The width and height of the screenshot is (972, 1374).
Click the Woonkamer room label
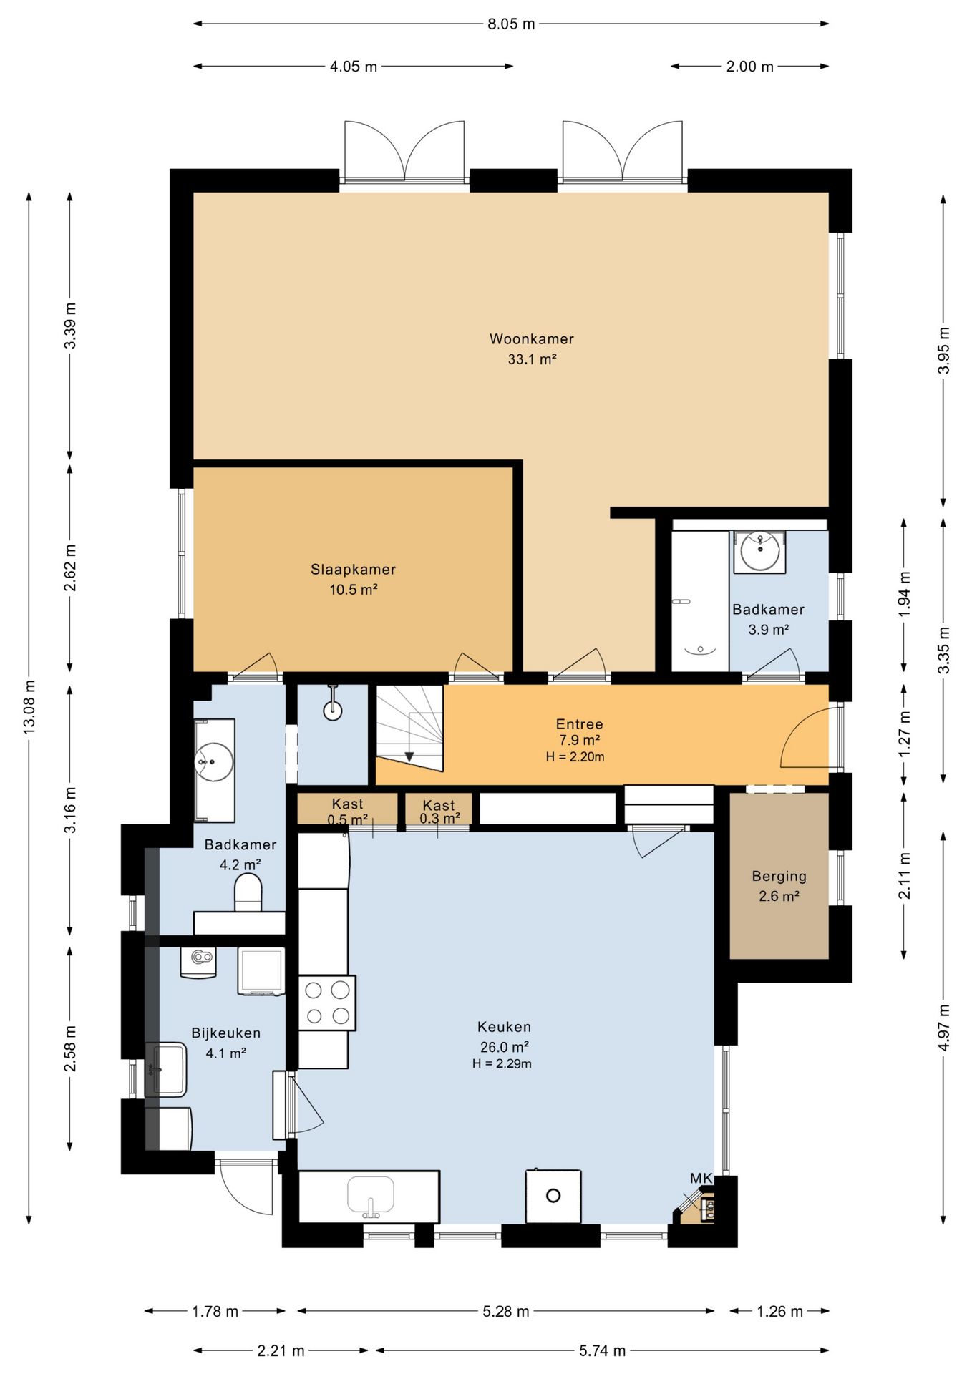click(x=531, y=339)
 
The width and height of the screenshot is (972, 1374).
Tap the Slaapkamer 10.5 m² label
click(x=353, y=580)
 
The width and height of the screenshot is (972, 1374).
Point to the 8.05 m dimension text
click(x=511, y=24)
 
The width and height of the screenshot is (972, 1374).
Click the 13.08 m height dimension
click(x=29, y=707)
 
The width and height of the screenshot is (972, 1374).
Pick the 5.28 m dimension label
click(x=505, y=1311)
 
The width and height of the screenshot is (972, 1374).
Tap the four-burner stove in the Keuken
click(x=327, y=1003)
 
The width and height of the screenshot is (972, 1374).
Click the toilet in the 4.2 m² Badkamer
click(x=248, y=892)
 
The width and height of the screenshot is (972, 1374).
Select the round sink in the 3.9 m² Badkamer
click(x=759, y=551)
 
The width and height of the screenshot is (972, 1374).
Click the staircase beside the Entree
click(x=409, y=728)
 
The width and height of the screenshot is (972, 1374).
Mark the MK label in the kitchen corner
click(x=701, y=1179)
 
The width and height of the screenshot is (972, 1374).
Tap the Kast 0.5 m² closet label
click(x=347, y=812)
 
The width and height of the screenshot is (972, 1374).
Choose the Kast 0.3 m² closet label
click(x=439, y=812)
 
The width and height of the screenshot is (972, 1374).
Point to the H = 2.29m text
click(x=502, y=1063)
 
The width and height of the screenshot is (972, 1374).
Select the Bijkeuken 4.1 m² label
click(x=225, y=1043)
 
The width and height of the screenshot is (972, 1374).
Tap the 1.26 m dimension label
click(x=779, y=1311)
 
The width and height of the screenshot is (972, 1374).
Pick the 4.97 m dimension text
click(x=943, y=1028)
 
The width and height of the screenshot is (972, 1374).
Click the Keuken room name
click(x=504, y=1027)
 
